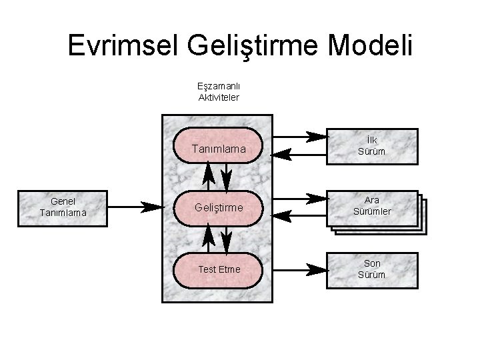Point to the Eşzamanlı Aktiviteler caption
tap(219, 91)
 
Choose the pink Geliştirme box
tap(217, 208)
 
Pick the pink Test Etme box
tap(217, 269)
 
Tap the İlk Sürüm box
tap(372, 147)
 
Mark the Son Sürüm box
tap(372, 269)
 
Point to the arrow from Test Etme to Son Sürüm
tap(300, 270)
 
